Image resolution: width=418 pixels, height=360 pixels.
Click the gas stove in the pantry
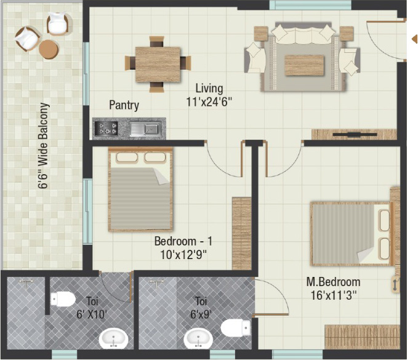coord(107,128)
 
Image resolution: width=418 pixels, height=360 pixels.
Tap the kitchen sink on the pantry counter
coord(145,129)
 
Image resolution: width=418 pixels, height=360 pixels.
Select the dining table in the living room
coord(158,64)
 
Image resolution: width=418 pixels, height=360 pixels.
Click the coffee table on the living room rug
coord(305,66)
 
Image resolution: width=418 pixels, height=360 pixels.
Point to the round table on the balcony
coord(49,49)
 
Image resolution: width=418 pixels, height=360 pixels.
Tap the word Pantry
coord(124,105)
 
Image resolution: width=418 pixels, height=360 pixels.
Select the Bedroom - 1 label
coord(183,241)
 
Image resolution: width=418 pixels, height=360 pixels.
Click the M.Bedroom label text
coord(333,282)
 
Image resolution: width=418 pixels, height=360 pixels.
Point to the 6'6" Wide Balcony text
coord(44,146)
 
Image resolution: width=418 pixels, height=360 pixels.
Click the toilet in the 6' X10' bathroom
coord(63,298)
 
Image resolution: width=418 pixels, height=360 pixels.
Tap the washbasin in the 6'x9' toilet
coord(198,338)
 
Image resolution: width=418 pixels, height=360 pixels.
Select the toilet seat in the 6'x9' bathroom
coord(236,327)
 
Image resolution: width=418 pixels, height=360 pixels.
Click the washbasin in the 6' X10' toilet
coord(113,338)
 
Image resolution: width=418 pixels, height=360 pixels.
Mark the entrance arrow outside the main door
coord(414,39)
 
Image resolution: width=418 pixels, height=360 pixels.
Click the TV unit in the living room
coord(355,134)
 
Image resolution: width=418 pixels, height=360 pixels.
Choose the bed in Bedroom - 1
coord(140,189)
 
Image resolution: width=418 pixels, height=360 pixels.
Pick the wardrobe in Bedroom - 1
coord(242,233)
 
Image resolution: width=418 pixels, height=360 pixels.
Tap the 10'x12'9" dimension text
coord(183,255)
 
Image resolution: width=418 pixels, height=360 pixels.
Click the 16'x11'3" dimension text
coord(334,295)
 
